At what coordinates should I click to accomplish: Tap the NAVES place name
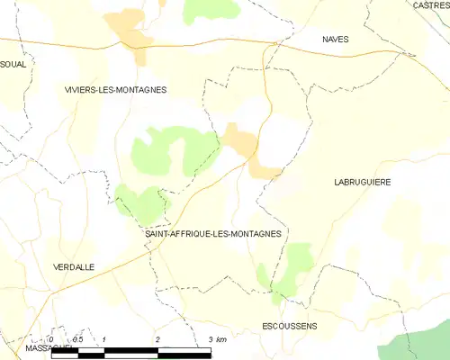pyautogui.click(x=336, y=40)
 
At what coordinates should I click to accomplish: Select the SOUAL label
pyautogui.click(x=13, y=64)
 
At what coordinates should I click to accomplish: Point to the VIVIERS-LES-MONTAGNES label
pyautogui.click(x=115, y=89)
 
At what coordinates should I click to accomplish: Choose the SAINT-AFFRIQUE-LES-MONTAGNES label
pyautogui.click(x=213, y=233)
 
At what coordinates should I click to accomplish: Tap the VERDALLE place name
pyautogui.click(x=74, y=266)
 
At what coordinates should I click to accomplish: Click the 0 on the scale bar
pyautogui.click(x=52, y=338)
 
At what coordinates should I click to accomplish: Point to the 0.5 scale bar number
pyautogui.click(x=77, y=338)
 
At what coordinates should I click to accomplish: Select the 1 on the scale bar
pyautogui.click(x=105, y=338)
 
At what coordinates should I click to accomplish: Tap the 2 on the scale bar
pyautogui.click(x=157, y=338)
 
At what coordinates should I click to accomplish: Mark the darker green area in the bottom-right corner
pyautogui.click(x=418, y=342)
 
